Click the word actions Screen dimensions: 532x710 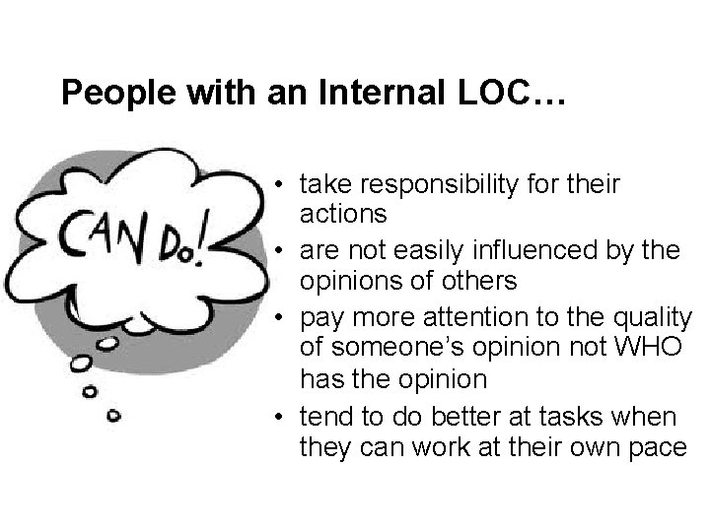[x=341, y=213]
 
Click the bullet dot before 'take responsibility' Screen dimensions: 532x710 [x=281, y=184]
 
